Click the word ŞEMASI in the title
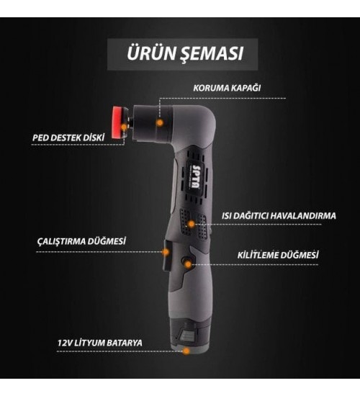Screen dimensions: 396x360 (x=210, y=54)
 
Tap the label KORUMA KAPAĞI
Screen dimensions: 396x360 (x=226, y=89)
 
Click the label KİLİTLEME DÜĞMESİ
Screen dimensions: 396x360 (x=278, y=255)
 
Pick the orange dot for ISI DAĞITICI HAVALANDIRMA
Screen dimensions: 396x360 (x=192, y=224)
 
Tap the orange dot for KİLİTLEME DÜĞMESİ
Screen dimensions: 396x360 (x=189, y=264)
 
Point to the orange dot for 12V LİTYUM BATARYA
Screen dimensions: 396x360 (x=187, y=351)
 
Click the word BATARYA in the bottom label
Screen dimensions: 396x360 (x=122, y=343)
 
